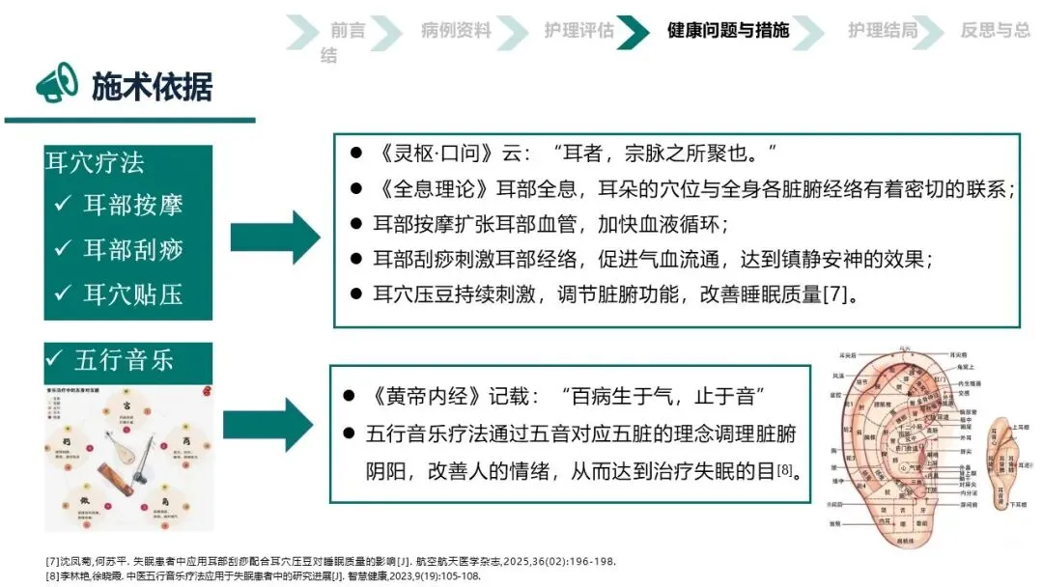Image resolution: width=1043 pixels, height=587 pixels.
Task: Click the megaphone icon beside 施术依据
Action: click(x=57, y=83)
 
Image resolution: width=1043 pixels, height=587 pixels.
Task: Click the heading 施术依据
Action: click(x=152, y=86)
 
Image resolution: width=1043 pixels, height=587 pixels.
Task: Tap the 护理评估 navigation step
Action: click(x=578, y=30)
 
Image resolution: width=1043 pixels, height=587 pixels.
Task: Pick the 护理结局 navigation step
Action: click(x=883, y=30)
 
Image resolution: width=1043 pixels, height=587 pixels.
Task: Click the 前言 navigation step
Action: click(x=348, y=30)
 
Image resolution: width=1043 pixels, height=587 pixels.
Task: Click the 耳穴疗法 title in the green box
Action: click(x=95, y=162)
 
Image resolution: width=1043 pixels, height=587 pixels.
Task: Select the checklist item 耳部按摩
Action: click(x=120, y=205)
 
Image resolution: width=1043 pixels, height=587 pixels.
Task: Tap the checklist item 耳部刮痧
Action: click(x=120, y=249)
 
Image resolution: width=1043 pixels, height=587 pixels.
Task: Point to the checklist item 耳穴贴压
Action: click(x=120, y=293)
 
